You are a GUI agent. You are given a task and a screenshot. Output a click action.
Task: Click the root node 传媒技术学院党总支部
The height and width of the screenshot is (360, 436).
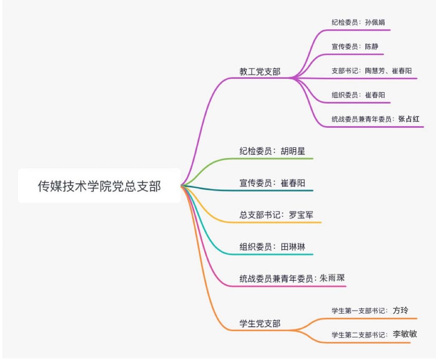(x=99, y=186)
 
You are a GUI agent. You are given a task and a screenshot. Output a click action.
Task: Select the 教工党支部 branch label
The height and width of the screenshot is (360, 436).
(x=260, y=72)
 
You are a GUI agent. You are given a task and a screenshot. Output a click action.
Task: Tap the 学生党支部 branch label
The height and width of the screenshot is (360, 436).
(x=260, y=324)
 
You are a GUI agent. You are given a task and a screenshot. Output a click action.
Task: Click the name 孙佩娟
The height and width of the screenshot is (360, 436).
(x=375, y=22)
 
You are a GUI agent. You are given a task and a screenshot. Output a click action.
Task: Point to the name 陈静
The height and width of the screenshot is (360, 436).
(x=371, y=46)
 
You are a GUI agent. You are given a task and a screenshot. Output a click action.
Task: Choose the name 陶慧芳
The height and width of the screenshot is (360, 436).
(x=375, y=71)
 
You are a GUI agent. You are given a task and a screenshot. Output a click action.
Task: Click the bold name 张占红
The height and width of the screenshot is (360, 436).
(x=409, y=119)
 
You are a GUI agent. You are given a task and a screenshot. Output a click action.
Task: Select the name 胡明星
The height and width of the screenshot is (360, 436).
(x=293, y=151)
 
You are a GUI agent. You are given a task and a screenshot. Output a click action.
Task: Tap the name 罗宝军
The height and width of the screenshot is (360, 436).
(x=301, y=215)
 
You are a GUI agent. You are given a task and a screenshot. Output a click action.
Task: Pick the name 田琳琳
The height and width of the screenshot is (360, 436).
(x=293, y=247)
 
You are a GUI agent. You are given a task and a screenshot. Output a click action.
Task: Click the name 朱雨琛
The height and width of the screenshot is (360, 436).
(x=332, y=279)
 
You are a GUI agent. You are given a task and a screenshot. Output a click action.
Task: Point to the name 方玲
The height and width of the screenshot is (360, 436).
(x=400, y=311)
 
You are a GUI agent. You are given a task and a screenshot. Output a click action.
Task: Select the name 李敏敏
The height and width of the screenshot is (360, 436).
(x=405, y=334)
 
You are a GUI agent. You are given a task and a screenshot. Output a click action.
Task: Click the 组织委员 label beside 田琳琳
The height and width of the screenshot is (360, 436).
(x=255, y=247)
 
